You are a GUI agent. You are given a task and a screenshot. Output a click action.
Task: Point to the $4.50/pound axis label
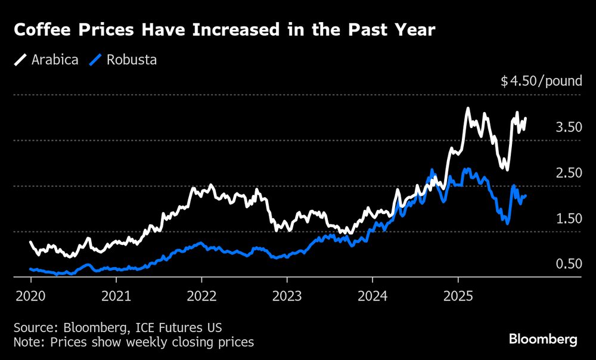[541, 80]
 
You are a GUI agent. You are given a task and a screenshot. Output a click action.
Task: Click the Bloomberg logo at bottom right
[543, 340]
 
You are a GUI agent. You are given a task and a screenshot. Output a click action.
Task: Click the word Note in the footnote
[25, 342]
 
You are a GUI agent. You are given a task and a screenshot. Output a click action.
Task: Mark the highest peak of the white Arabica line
[468, 108]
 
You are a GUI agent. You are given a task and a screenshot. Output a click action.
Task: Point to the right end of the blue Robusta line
[525, 195]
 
